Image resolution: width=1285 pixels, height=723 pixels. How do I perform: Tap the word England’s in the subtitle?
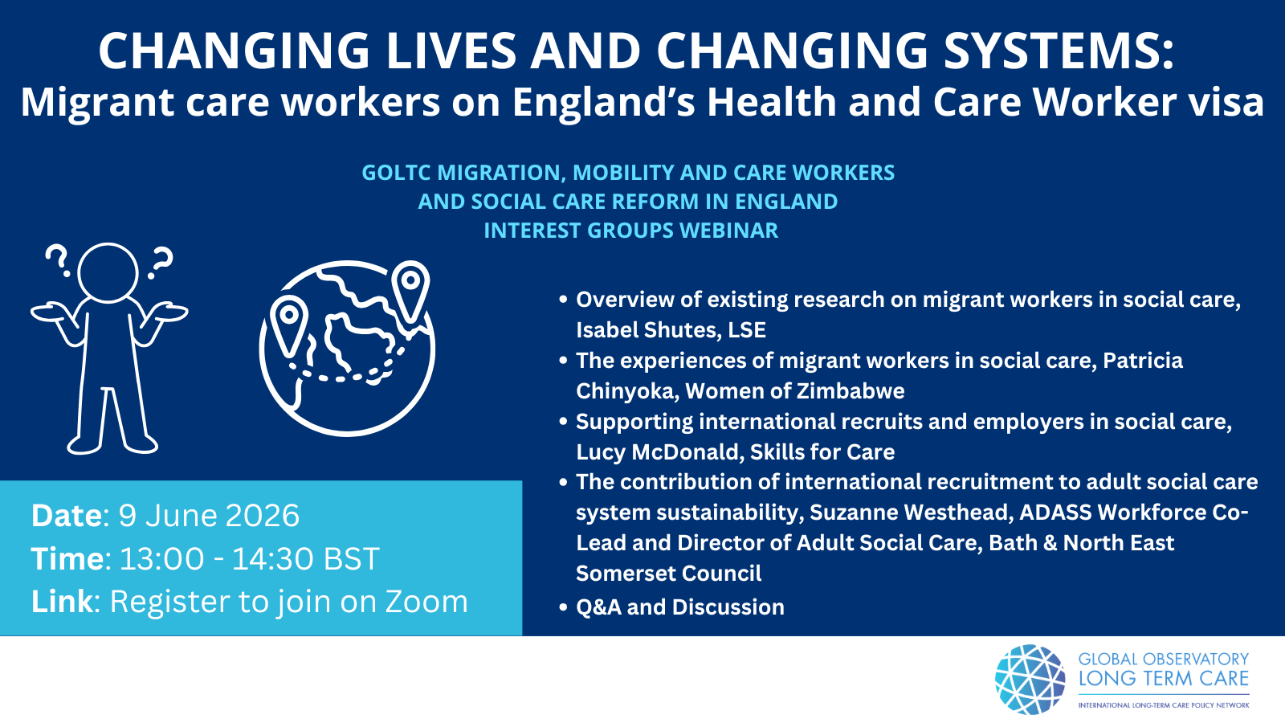(x=603, y=102)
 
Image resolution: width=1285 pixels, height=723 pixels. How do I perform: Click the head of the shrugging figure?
(x=108, y=272)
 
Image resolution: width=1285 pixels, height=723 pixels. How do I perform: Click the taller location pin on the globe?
(x=410, y=291)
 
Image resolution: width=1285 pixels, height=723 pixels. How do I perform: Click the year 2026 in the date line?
(x=263, y=515)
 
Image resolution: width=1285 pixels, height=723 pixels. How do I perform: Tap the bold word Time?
(x=67, y=558)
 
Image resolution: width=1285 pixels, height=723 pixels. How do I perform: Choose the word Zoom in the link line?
(x=426, y=602)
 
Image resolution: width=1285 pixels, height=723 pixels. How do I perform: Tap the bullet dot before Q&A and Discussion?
(x=563, y=607)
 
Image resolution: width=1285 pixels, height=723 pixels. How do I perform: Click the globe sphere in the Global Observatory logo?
(x=1030, y=680)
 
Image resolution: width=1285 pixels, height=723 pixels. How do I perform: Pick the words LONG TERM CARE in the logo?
(x=1164, y=679)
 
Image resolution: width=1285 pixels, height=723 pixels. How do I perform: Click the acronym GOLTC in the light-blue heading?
(x=395, y=173)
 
